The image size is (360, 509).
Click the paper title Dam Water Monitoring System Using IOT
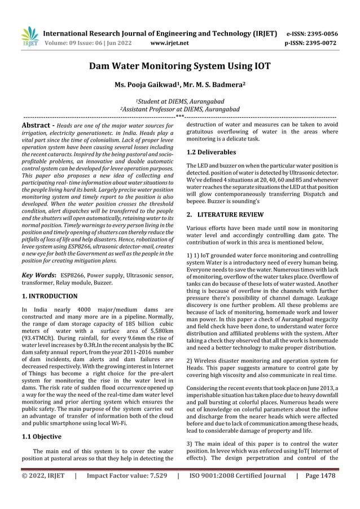click(180, 67)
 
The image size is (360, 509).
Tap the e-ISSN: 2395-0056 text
click(312, 33)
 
